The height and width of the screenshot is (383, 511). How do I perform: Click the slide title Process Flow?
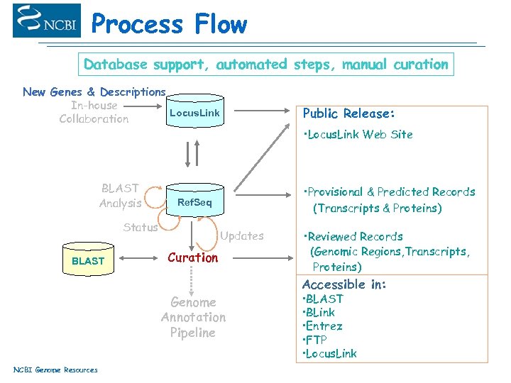[x=169, y=24]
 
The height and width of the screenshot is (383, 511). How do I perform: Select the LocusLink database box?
[x=194, y=113]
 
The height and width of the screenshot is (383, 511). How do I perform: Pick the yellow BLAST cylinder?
[x=88, y=260]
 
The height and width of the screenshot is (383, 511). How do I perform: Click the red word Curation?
[x=192, y=257]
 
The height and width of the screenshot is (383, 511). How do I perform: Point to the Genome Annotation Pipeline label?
[x=193, y=317]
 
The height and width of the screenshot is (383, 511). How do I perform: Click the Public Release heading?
[x=348, y=113]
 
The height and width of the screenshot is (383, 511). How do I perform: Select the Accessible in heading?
[x=344, y=284]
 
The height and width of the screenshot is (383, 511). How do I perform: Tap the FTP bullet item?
[x=317, y=340]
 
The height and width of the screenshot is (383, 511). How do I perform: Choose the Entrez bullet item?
[x=324, y=326]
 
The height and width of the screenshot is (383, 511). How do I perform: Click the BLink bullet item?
[x=320, y=313]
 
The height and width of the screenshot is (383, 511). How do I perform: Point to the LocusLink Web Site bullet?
[x=358, y=135]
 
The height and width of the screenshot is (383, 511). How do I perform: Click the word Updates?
[x=242, y=236]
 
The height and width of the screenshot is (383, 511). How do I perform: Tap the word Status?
[x=141, y=228]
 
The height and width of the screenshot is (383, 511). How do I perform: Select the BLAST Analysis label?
[x=121, y=196]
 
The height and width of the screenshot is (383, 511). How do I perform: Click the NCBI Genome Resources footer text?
[x=55, y=370]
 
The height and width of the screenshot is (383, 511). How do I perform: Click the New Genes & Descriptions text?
[x=94, y=92]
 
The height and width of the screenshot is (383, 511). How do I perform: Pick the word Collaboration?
[x=94, y=119]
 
